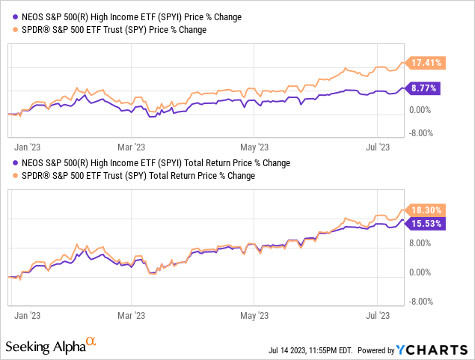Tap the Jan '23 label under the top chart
[26, 147]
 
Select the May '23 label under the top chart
[259, 147]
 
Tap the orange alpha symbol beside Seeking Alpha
[91, 342]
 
